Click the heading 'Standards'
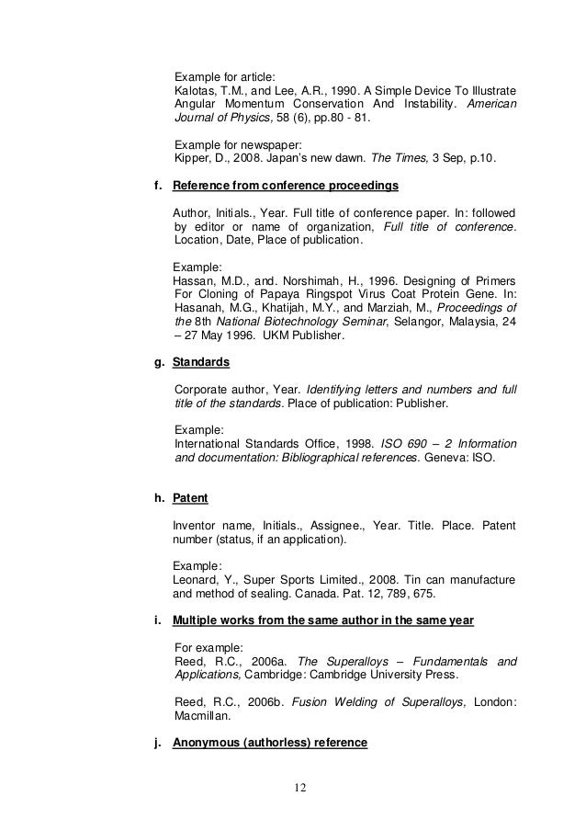click(x=201, y=363)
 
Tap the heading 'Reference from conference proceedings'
click(x=286, y=187)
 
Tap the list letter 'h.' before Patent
click(x=159, y=498)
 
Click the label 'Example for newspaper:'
click(x=236, y=144)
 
